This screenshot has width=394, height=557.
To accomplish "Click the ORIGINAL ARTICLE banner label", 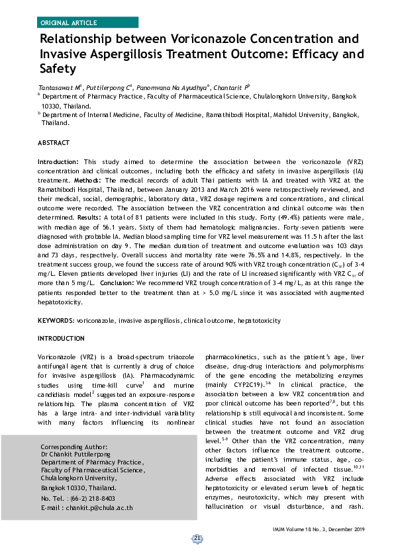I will [x=68, y=22].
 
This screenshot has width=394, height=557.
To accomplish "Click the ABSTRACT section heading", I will [x=52, y=143].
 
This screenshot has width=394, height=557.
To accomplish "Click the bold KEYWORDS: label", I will [x=56, y=320].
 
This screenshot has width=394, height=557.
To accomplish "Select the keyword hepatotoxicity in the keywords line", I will [x=259, y=320].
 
